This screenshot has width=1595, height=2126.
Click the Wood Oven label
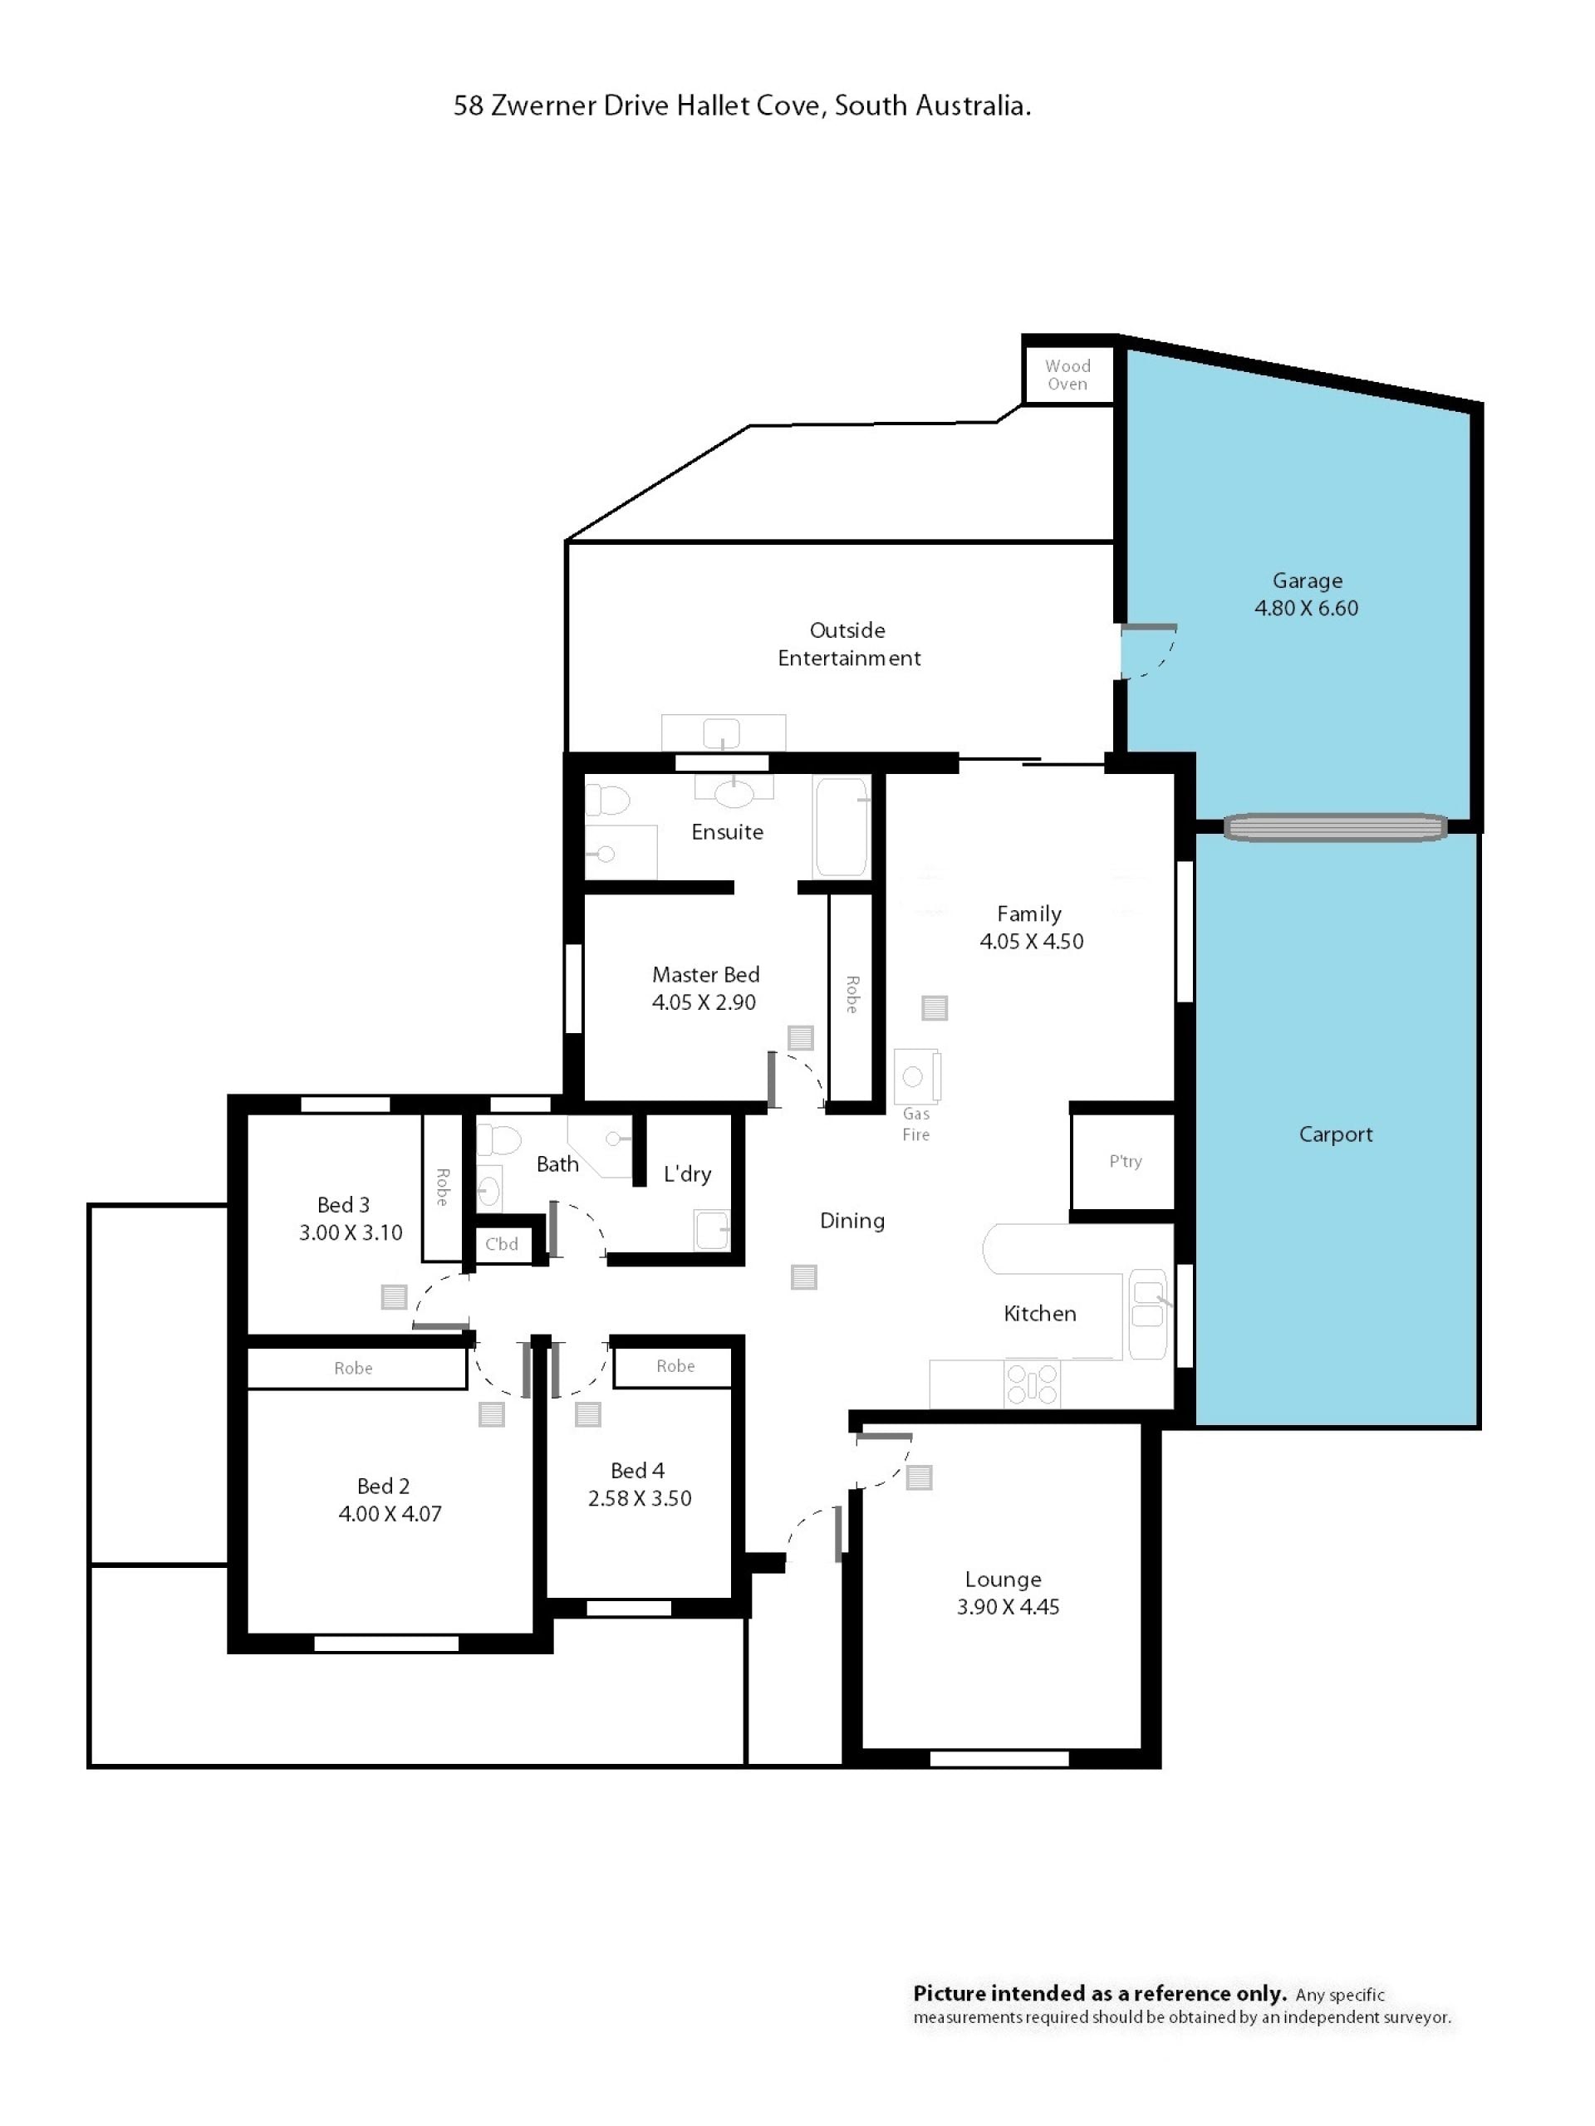tap(1067, 375)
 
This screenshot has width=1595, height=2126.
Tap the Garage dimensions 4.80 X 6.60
tap(1306, 609)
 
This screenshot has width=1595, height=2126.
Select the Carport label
tap(1336, 1134)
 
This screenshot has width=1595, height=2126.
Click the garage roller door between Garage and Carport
tap(1334, 827)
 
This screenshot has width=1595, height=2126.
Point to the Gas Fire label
tap(915, 1124)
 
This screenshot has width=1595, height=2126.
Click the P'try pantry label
tap(1125, 1161)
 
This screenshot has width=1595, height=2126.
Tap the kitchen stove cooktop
tap(1032, 1384)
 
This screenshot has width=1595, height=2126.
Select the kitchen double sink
tap(1147, 1314)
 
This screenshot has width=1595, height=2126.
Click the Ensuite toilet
tap(607, 800)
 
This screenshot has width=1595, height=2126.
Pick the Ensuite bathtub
tap(842, 826)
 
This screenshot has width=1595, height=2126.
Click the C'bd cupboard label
tap(501, 1244)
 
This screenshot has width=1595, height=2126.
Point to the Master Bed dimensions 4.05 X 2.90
tap(704, 1002)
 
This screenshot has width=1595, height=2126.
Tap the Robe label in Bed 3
tap(442, 1187)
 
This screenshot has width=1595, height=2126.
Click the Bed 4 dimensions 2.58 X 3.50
tap(640, 1498)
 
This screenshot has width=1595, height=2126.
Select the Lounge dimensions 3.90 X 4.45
tap(1008, 1607)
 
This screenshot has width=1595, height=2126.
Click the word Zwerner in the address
tap(543, 105)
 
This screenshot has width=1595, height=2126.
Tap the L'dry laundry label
tap(687, 1173)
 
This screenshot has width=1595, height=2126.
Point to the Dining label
tap(851, 1221)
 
